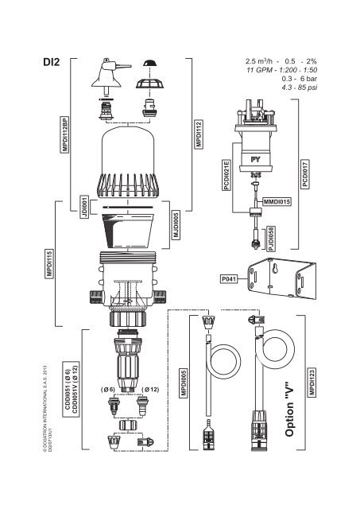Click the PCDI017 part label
pyautogui.click(x=305, y=172)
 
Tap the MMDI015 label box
pyautogui.click(x=277, y=203)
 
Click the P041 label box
pyautogui.click(x=229, y=278)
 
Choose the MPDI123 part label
pyautogui.click(x=312, y=383)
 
